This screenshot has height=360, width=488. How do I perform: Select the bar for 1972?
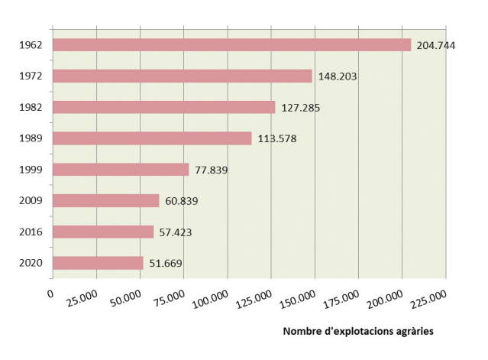point(183,76)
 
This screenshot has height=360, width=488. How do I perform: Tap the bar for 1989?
point(152,138)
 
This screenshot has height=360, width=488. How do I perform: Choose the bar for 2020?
point(98,263)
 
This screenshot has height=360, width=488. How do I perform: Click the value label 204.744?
point(436,46)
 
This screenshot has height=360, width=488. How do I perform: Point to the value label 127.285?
point(300,108)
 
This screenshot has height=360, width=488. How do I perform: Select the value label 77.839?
point(212,170)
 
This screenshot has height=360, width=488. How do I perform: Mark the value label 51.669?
point(166,264)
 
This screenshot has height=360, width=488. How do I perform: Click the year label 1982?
point(31,107)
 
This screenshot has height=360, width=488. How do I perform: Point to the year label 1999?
point(31,170)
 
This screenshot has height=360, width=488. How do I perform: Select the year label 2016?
point(31,232)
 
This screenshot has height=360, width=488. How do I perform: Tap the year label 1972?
point(31,76)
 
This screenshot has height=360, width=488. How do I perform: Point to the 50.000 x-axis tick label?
point(124,299)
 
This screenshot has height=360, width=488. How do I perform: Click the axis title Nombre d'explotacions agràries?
point(358,331)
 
